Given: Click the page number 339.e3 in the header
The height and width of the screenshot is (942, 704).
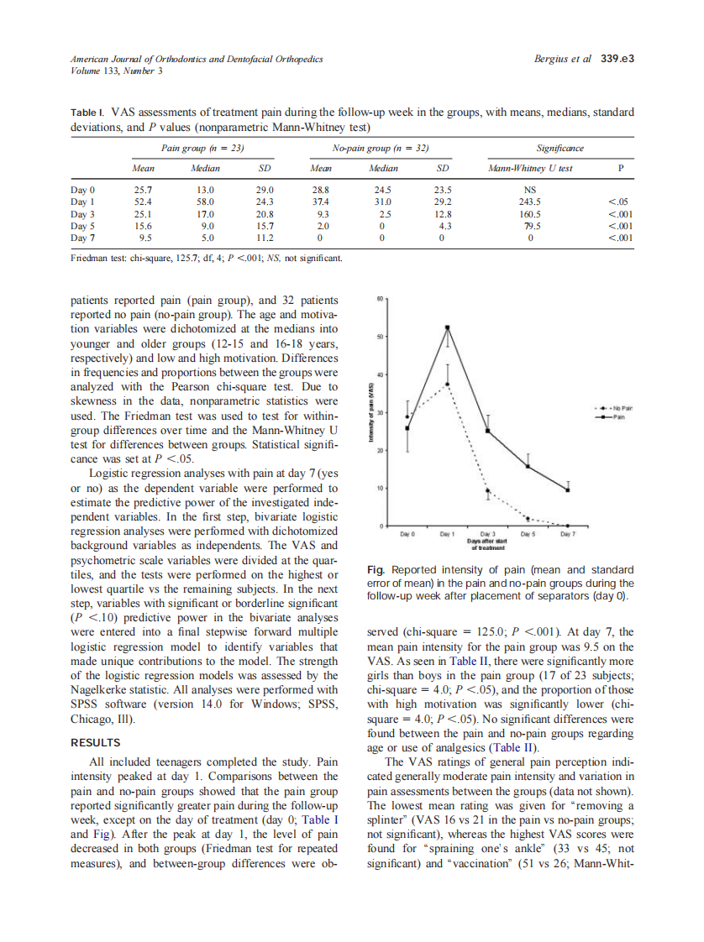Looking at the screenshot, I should [617, 59].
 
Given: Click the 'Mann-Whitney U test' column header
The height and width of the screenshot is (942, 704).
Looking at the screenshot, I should [531, 168].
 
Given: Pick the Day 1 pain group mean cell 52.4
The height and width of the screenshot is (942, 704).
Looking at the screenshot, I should [143, 201].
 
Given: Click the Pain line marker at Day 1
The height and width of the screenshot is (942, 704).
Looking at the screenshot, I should [448, 328].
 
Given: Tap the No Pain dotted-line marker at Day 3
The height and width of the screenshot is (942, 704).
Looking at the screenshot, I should [488, 490].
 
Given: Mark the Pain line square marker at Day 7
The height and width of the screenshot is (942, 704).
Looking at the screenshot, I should [568, 489].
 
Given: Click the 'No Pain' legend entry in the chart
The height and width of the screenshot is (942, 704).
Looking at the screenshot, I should [614, 408].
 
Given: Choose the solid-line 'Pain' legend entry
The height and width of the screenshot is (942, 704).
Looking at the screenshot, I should [614, 416].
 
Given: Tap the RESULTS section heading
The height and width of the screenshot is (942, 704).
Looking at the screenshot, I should [95, 742].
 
